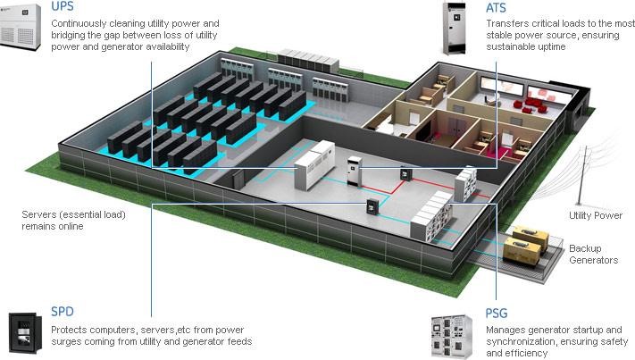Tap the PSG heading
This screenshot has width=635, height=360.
point(497,314)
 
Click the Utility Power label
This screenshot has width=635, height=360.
point(595,215)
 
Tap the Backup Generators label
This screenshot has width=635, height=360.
point(594,254)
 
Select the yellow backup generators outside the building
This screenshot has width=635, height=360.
point(527,246)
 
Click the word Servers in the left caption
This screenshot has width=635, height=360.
point(39,214)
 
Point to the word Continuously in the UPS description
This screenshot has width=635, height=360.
point(83,22)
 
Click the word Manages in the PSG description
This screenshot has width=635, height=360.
point(507,330)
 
